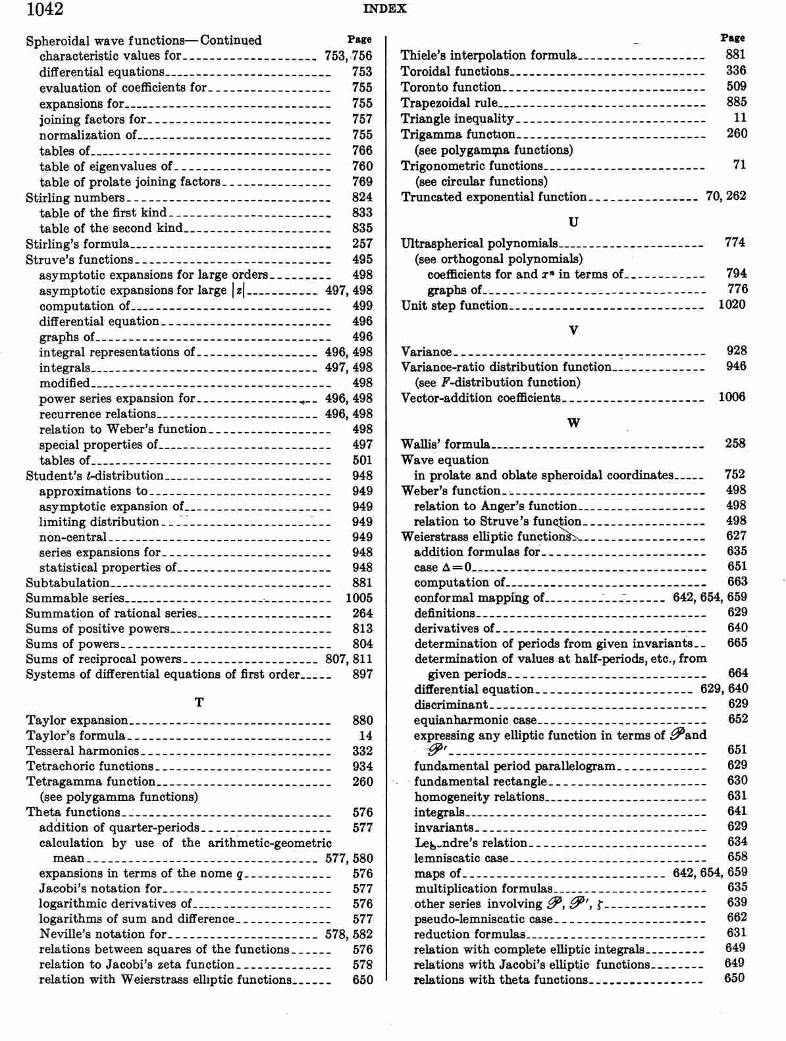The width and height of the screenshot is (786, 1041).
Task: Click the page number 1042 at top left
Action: click(x=45, y=9)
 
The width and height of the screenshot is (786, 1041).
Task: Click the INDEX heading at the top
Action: click(x=384, y=9)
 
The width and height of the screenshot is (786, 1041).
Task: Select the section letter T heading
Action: click(x=199, y=702)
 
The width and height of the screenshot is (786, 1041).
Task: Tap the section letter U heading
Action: click(x=573, y=222)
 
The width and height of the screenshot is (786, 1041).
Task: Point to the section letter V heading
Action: click(x=573, y=330)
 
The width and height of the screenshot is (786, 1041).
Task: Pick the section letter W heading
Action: click(x=573, y=423)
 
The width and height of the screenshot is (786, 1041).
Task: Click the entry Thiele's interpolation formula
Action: click(x=488, y=55)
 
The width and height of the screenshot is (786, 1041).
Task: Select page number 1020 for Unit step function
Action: click(x=732, y=304)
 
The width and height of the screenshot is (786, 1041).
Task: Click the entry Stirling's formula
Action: click(x=77, y=244)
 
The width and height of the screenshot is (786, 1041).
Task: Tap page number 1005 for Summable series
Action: click(x=359, y=598)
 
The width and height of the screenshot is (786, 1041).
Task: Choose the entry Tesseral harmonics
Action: click(x=82, y=751)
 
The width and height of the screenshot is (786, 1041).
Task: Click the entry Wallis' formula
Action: click(x=446, y=444)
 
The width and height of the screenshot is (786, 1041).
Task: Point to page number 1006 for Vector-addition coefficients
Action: click(x=732, y=397)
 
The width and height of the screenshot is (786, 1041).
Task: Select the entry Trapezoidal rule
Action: click(x=449, y=103)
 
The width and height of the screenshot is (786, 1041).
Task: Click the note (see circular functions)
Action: click(x=481, y=182)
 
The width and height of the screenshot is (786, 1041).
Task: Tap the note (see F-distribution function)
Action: click(x=498, y=382)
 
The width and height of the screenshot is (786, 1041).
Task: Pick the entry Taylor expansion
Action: click(x=77, y=720)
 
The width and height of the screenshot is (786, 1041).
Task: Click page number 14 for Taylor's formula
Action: click(x=365, y=736)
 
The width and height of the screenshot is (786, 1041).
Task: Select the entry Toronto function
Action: click(x=451, y=87)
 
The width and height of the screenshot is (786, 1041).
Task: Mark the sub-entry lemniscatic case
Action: click(x=461, y=858)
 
